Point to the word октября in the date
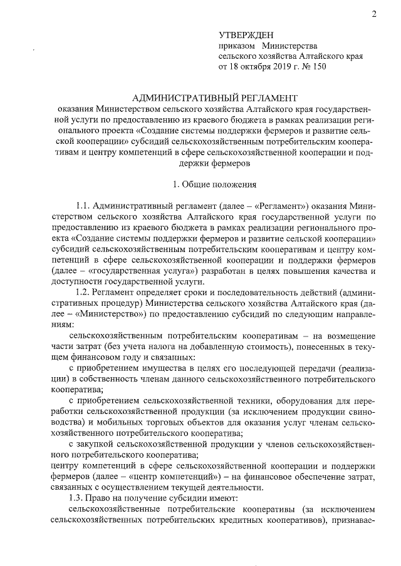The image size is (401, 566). (256, 66)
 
